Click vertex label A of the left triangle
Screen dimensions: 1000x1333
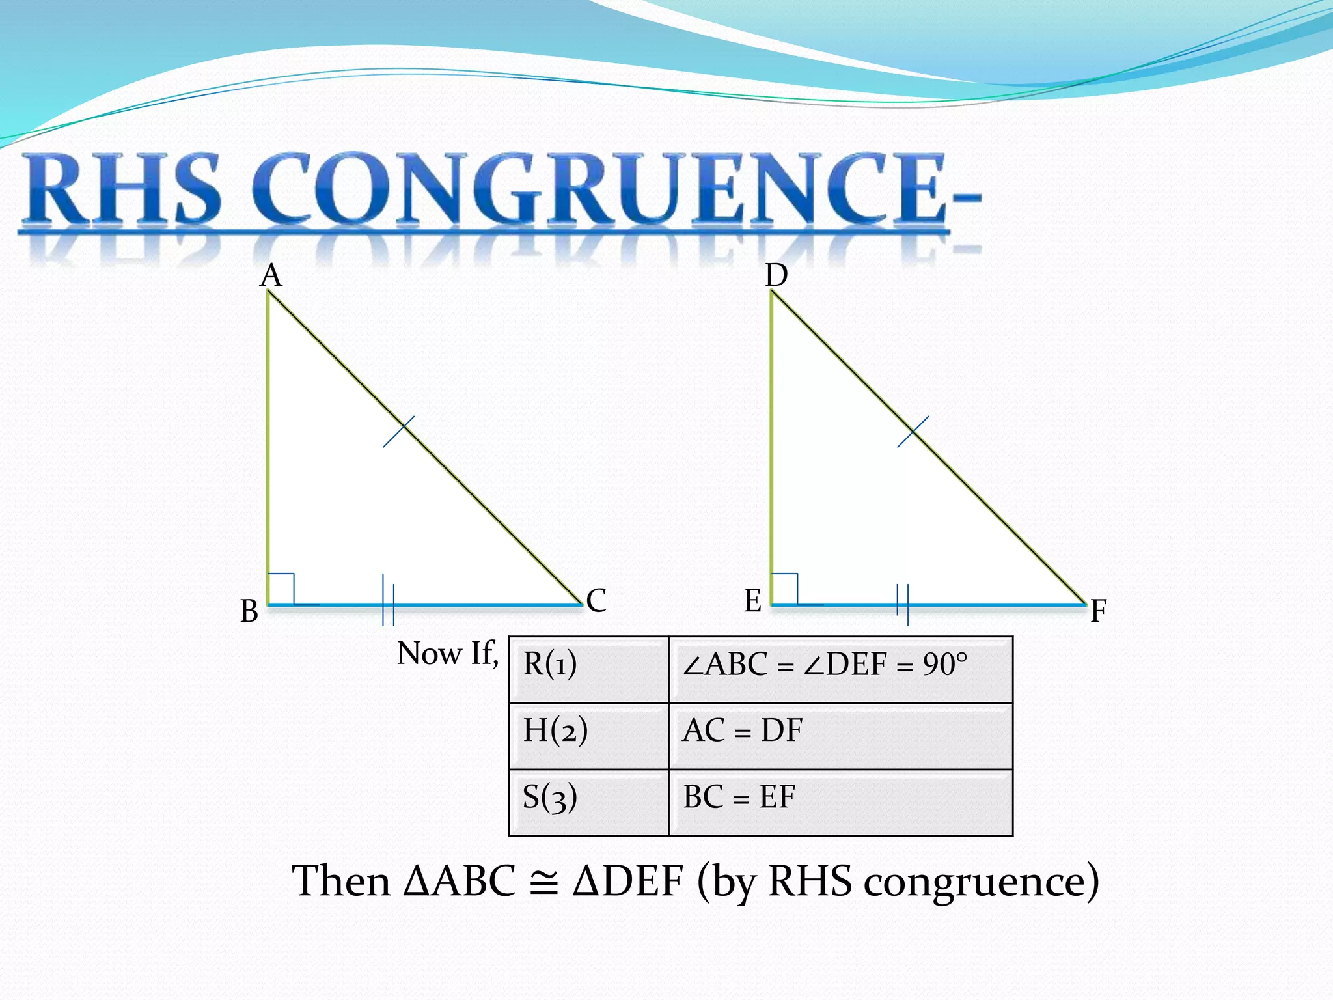pyautogui.click(x=271, y=276)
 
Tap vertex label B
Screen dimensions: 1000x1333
pyautogui.click(x=249, y=611)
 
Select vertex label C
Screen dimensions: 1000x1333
pyautogui.click(x=596, y=600)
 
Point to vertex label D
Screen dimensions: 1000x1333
pyautogui.click(x=776, y=276)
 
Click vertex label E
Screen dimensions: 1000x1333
pyautogui.click(x=752, y=600)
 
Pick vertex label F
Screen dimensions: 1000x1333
pyautogui.click(x=1099, y=611)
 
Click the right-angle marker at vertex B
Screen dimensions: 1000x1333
pyautogui.click(x=281, y=589)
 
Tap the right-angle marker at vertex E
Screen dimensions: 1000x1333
pyautogui.click(x=784, y=589)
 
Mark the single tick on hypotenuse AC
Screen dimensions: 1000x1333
pyautogui.click(x=398, y=432)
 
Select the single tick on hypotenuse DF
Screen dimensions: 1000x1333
pyautogui.click(x=913, y=432)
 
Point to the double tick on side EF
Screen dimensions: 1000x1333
pyautogui.click(x=903, y=604)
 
